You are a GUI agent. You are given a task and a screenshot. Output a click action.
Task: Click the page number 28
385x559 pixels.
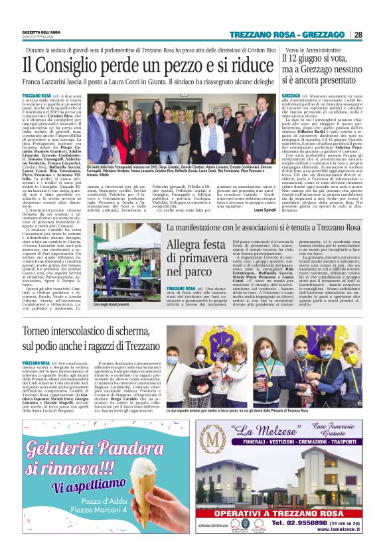pos(358,35)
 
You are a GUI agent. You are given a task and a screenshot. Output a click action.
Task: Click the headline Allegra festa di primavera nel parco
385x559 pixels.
pos(196,258)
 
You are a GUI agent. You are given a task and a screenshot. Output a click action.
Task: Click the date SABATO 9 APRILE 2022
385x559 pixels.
pos(40,37)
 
